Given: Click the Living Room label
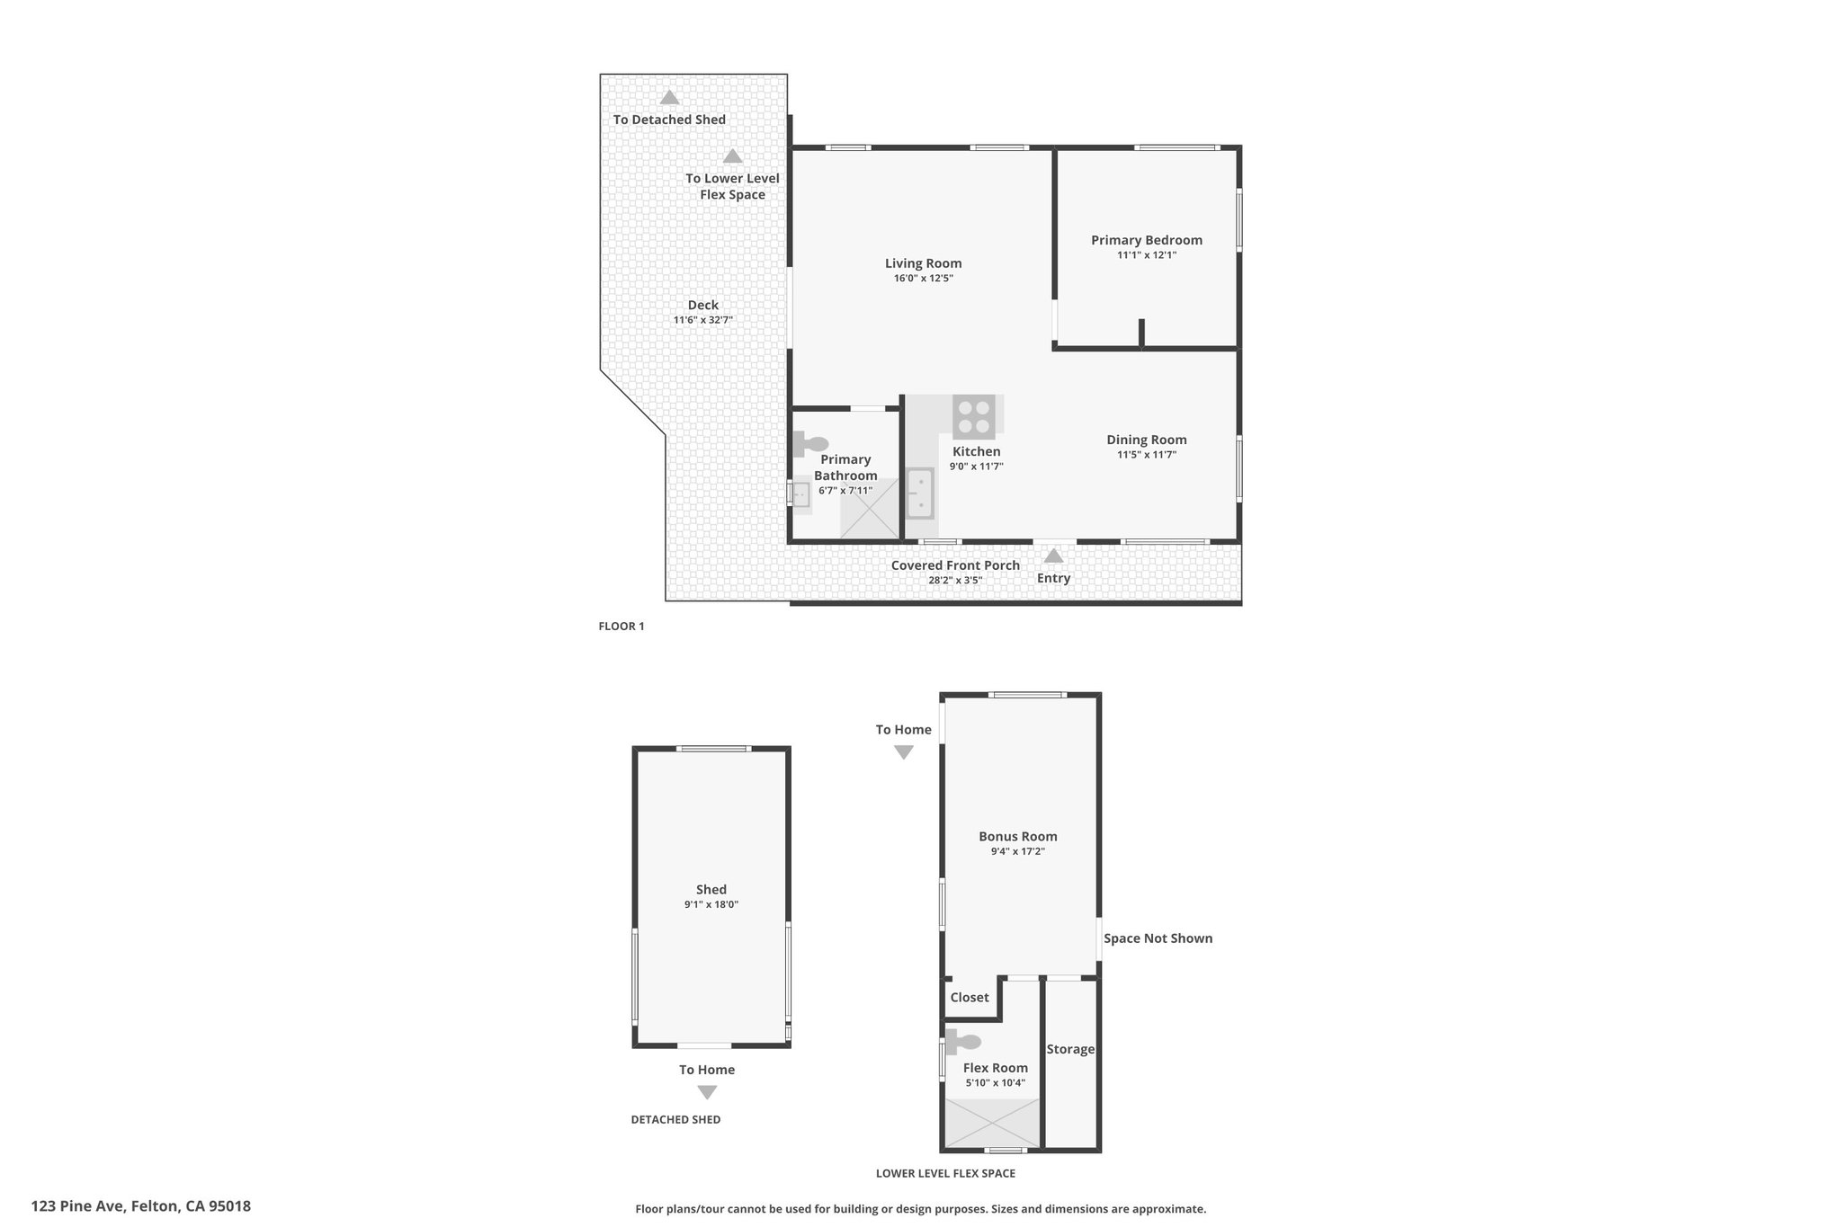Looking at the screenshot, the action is pos(923,263).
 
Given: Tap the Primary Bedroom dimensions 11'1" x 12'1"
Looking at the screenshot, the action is pos(1147,255).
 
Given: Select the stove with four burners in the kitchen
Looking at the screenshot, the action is pos(974,417).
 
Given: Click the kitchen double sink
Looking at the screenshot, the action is pos(920,493).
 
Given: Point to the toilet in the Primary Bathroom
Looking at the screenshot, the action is pos(810,444).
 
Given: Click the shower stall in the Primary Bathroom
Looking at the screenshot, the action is pos(870,509).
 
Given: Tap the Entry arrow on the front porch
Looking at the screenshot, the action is pos(1053,556).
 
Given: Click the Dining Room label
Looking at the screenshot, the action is pos(1147,440).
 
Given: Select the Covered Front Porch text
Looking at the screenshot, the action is pos(955,565).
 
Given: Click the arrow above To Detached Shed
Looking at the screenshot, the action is pos(669,98).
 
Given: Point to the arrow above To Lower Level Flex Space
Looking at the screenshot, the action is pos(733,156).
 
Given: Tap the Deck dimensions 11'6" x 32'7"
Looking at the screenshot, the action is pos(703,320).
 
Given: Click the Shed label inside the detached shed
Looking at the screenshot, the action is pos(711,890).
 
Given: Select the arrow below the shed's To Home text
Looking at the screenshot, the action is pos(707,1093).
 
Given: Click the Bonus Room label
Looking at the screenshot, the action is pos(1018,836).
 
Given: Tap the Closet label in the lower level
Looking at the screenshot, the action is pos(970,997).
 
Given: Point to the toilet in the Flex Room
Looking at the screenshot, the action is pos(962,1042).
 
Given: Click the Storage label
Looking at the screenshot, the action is pos(1070,1049).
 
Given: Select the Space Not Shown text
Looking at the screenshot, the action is pos(1158,938).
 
